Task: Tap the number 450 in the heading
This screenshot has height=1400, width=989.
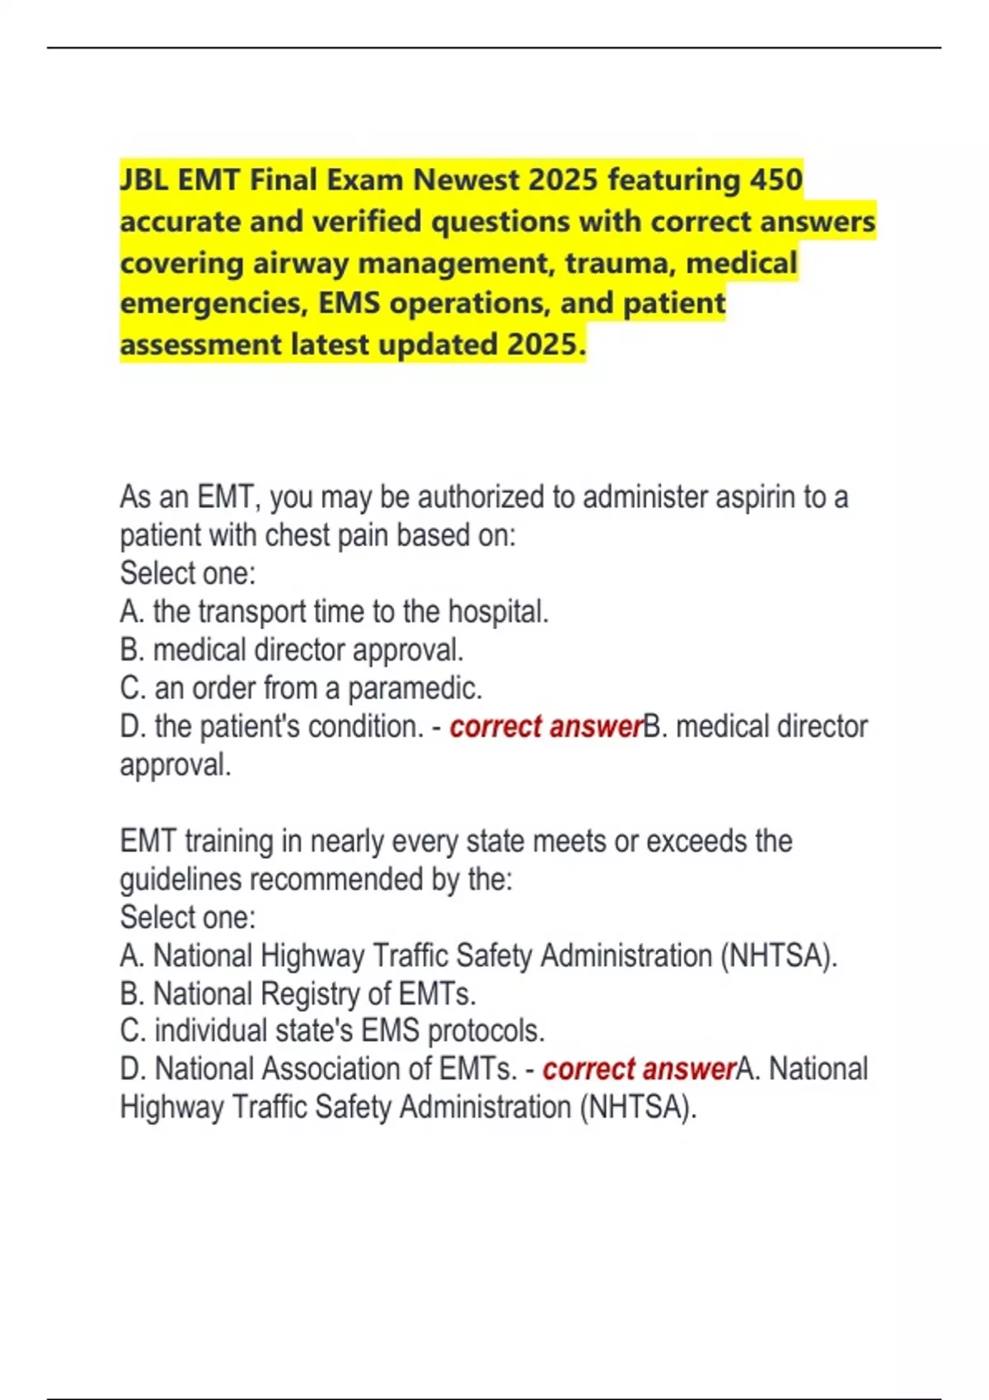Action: pos(776,180)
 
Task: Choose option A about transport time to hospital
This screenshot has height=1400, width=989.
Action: pos(334,612)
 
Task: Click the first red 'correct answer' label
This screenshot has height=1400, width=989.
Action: pos(545,726)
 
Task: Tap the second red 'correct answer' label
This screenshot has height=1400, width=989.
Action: pos(639,1069)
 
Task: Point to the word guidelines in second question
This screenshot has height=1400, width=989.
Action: pos(180,880)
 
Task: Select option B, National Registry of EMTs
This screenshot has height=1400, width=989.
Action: pos(298,994)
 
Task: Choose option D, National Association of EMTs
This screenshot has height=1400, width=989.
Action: pos(318,1069)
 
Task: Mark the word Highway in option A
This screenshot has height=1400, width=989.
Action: pos(312,956)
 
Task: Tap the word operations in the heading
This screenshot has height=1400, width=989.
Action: pos(466,303)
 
